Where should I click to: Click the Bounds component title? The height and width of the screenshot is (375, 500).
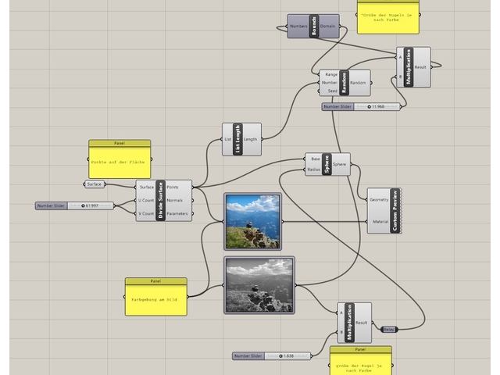click(314, 27)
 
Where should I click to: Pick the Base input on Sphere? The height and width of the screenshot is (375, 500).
click(314, 159)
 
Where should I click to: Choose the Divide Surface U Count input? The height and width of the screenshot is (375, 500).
click(145, 201)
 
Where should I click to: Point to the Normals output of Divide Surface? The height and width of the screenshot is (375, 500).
click(175, 201)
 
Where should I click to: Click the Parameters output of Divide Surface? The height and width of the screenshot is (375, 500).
click(177, 213)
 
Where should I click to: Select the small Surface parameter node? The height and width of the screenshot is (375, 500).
click(95, 184)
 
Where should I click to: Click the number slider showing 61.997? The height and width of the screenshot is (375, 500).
click(75, 206)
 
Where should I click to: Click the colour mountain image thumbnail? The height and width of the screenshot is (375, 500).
click(252, 222)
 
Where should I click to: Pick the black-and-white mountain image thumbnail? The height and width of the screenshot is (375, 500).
click(259, 285)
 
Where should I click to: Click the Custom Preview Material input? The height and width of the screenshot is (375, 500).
click(379, 222)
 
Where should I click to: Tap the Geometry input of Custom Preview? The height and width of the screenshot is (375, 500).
click(378, 200)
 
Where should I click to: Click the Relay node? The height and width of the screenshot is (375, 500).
click(388, 329)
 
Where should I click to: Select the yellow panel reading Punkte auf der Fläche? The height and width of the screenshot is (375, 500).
click(119, 160)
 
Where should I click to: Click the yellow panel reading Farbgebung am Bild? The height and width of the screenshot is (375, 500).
click(155, 298)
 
